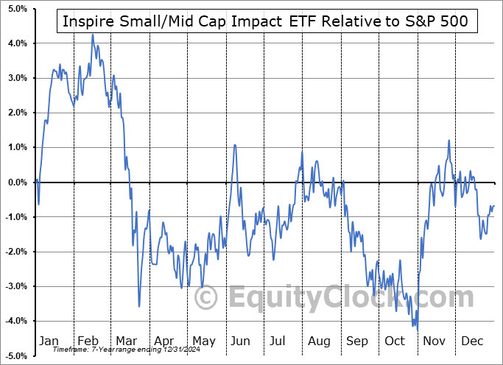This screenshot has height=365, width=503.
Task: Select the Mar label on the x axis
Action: tap(127, 341)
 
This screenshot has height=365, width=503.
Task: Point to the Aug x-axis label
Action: tap(319, 341)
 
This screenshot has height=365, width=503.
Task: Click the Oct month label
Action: tap(395, 341)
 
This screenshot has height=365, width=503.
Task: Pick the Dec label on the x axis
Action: tap(473, 341)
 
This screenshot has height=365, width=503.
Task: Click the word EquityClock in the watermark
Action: tap(309, 298)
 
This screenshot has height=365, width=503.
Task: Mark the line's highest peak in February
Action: tap(93, 35)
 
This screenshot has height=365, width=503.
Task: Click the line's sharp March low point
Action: tap(139, 306)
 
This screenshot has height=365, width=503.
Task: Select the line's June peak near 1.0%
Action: tap(235, 145)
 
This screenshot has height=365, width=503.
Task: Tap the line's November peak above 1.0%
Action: tap(449, 141)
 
